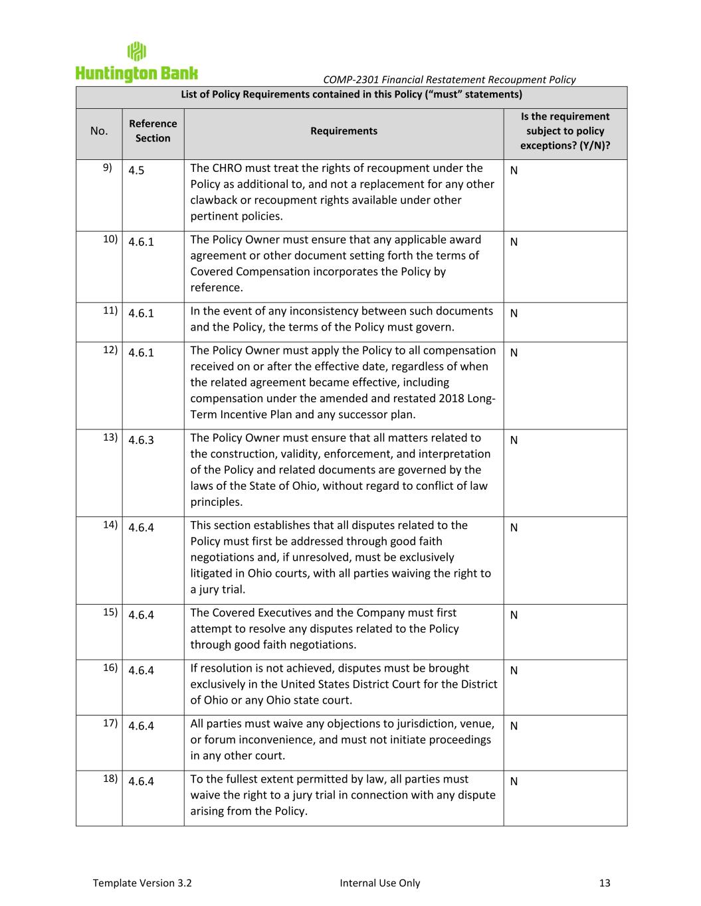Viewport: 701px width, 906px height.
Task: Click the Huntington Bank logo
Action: (136, 62)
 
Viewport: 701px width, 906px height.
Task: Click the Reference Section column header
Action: (153, 131)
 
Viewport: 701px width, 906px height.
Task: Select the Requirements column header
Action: (344, 131)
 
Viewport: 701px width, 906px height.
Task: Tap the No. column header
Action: (98, 131)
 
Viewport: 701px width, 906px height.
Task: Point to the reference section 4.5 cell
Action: (136, 171)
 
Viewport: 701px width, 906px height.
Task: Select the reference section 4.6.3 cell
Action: (141, 440)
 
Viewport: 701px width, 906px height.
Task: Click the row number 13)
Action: (110, 437)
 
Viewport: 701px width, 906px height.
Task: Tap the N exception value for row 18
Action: (514, 781)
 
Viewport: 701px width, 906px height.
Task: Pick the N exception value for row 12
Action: (514, 352)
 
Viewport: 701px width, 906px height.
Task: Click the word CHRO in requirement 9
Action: (228, 168)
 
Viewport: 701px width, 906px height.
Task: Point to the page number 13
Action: (604, 883)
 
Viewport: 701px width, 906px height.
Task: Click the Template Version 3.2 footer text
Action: (142, 883)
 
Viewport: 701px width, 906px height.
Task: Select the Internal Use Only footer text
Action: (379, 883)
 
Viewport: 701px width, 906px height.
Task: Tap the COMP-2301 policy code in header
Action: (351, 80)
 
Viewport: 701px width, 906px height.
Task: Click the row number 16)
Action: (110, 667)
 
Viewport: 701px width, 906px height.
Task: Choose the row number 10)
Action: (110, 239)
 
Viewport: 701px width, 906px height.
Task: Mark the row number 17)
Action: (110, 723)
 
